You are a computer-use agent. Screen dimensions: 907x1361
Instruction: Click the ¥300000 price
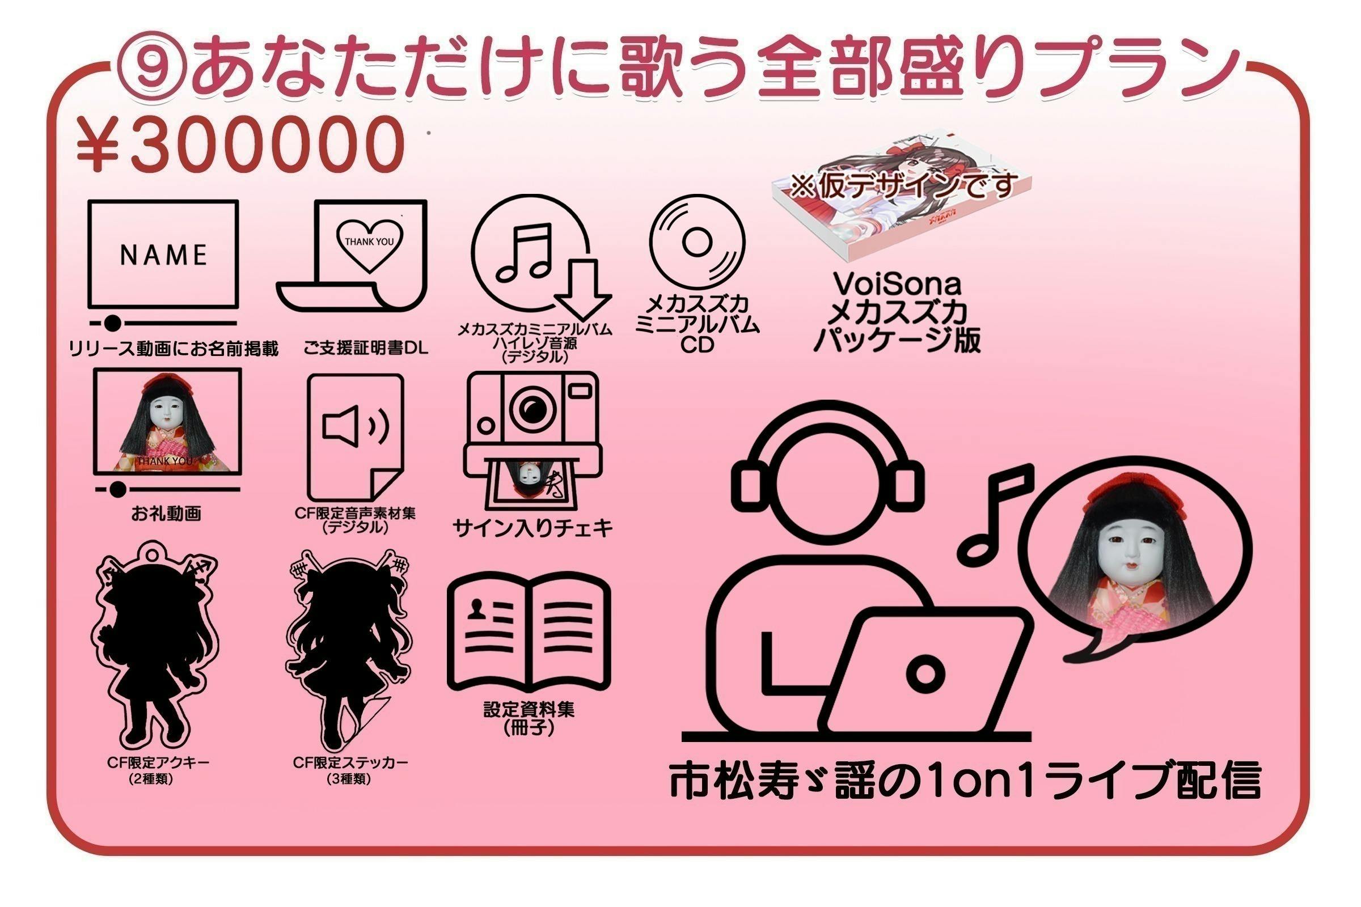[239, 145]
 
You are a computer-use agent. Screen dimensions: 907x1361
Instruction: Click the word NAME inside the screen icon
[163, 255]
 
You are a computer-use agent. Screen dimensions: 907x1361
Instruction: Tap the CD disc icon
[697, 243]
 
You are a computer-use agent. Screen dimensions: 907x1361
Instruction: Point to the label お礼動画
[166, 513]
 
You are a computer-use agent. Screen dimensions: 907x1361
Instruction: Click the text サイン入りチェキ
[532, 528]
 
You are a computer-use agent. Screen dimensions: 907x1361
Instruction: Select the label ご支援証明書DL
[366, 348]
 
